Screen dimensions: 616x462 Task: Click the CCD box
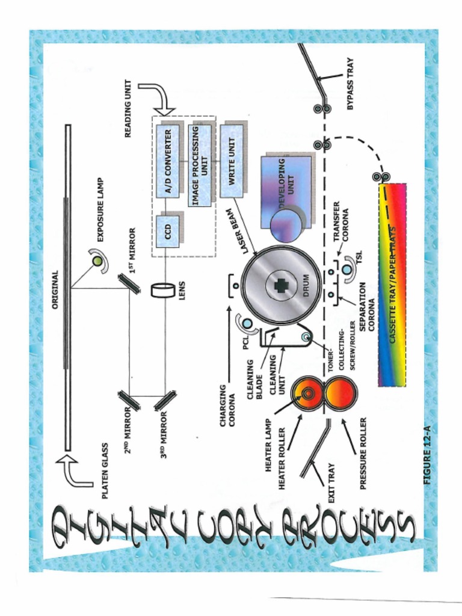(x=168, y=230)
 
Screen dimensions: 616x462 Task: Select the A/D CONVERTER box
(x=168, y=161)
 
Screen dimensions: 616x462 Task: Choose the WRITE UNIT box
(x=232, y=161)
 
